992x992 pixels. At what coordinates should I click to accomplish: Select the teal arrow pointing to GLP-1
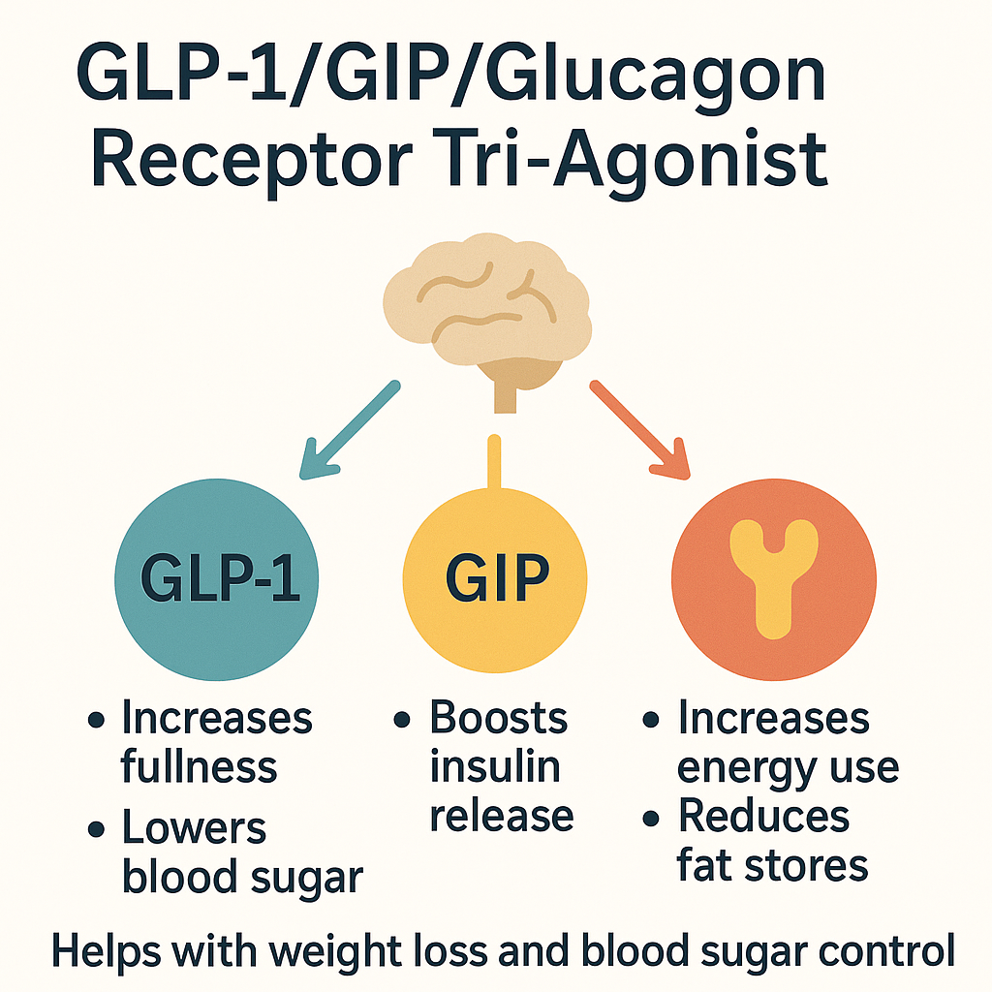click(349, 430)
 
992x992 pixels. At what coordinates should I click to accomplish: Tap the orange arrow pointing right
click(639, 430)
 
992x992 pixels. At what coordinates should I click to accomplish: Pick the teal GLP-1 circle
click(217, 581)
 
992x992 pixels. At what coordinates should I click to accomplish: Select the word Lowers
click(194, 828)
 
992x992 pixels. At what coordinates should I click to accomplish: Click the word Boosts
click(499, 719)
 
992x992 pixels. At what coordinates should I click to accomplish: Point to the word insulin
click(495, 766)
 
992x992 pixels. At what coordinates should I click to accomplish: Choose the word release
click(502, 815)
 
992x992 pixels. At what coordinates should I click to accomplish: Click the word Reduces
click(764, 817)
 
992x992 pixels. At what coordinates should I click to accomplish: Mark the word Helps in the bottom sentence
click(105, 950)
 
